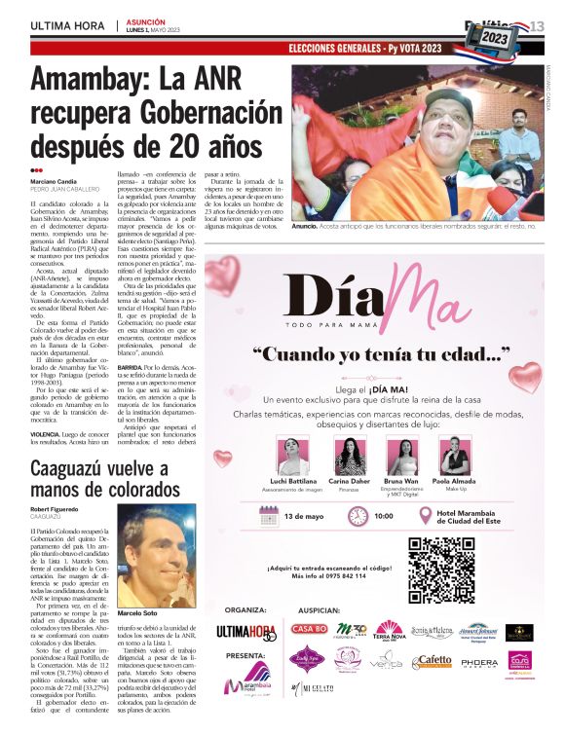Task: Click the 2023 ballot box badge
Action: (495, 37)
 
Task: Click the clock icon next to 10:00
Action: (358, 516)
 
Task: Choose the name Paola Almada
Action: (453, 483)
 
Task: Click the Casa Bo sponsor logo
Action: (309, 629)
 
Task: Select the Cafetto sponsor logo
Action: (430, 662)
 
